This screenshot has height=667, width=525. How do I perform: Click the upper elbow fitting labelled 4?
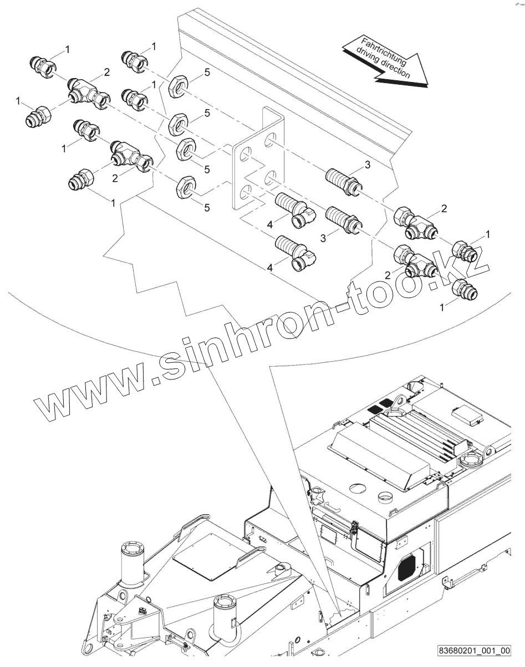point(294,207)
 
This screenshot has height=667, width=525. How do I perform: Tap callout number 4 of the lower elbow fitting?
point(271,268)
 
